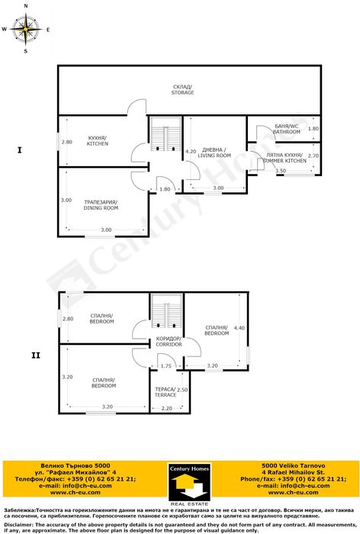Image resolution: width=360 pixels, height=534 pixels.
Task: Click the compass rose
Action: click(x=26, y=30)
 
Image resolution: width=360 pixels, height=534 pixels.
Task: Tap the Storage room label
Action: click(x=182, y=90)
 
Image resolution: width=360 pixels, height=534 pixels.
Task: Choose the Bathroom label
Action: click(x=287, y=129)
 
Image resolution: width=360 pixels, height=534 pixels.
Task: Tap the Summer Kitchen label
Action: click(x=284, y=159)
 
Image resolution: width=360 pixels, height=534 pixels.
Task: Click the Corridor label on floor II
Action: click(x=168, y=342)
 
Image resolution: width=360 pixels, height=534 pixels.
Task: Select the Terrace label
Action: click(x=166, y=392)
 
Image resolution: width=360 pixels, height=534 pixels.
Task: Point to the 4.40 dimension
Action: click(x=239, y=328)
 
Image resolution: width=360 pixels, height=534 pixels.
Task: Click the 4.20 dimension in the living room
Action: click(x=191, y=151)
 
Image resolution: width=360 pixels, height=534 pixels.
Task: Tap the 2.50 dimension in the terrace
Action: click(x=182, y=390)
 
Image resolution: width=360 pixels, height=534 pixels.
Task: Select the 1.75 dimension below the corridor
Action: click(x=166, y=366)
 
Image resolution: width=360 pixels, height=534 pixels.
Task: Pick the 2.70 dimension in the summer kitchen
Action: click(x=313, y=156)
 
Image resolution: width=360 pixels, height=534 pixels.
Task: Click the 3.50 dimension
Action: click(x=281, y=171)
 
